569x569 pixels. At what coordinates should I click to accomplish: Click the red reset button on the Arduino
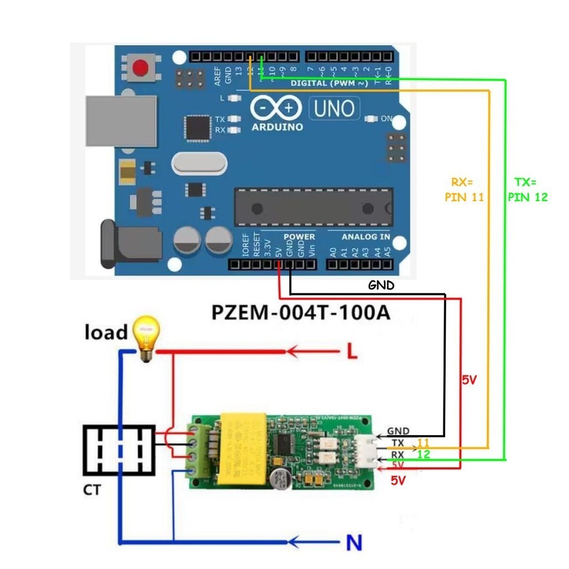141,68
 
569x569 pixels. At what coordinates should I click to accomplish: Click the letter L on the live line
351,352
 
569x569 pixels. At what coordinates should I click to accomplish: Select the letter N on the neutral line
351,542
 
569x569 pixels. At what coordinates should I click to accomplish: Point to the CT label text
92,490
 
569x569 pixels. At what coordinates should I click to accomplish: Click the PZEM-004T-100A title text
301,313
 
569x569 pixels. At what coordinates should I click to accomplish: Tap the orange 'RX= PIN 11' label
465,189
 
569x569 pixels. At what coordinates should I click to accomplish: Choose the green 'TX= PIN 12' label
527,189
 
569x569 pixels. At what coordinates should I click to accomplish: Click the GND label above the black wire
381,286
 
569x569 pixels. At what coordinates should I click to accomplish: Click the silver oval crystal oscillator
199,163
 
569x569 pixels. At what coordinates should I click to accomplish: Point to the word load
106,332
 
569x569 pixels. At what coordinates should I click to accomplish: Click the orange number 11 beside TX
423,443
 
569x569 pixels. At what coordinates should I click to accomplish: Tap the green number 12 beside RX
423,454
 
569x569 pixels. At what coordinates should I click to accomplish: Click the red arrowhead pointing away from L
293,352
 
